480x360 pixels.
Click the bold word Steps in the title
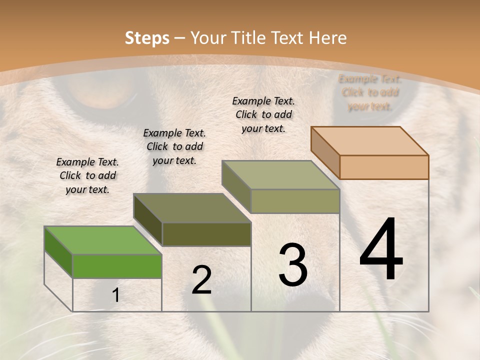pos(146,38)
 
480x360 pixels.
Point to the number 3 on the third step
pos(292,265)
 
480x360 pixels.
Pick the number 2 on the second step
pos(201,280)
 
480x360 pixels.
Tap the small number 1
pos(116,295)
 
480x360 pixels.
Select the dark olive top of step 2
pos(191,208)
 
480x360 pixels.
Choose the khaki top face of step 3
pos(280,175)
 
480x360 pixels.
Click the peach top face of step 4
pos(369,141)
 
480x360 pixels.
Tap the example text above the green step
pos(87,176)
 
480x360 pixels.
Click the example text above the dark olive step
pos(174,147)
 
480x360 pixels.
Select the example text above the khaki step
pos(263,114)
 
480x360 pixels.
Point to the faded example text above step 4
pos(370,92)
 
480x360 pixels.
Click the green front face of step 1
pos(117,266)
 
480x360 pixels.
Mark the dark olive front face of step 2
pos(206,234)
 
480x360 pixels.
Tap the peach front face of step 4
pos(384,167)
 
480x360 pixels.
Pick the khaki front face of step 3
pos(295,201)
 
